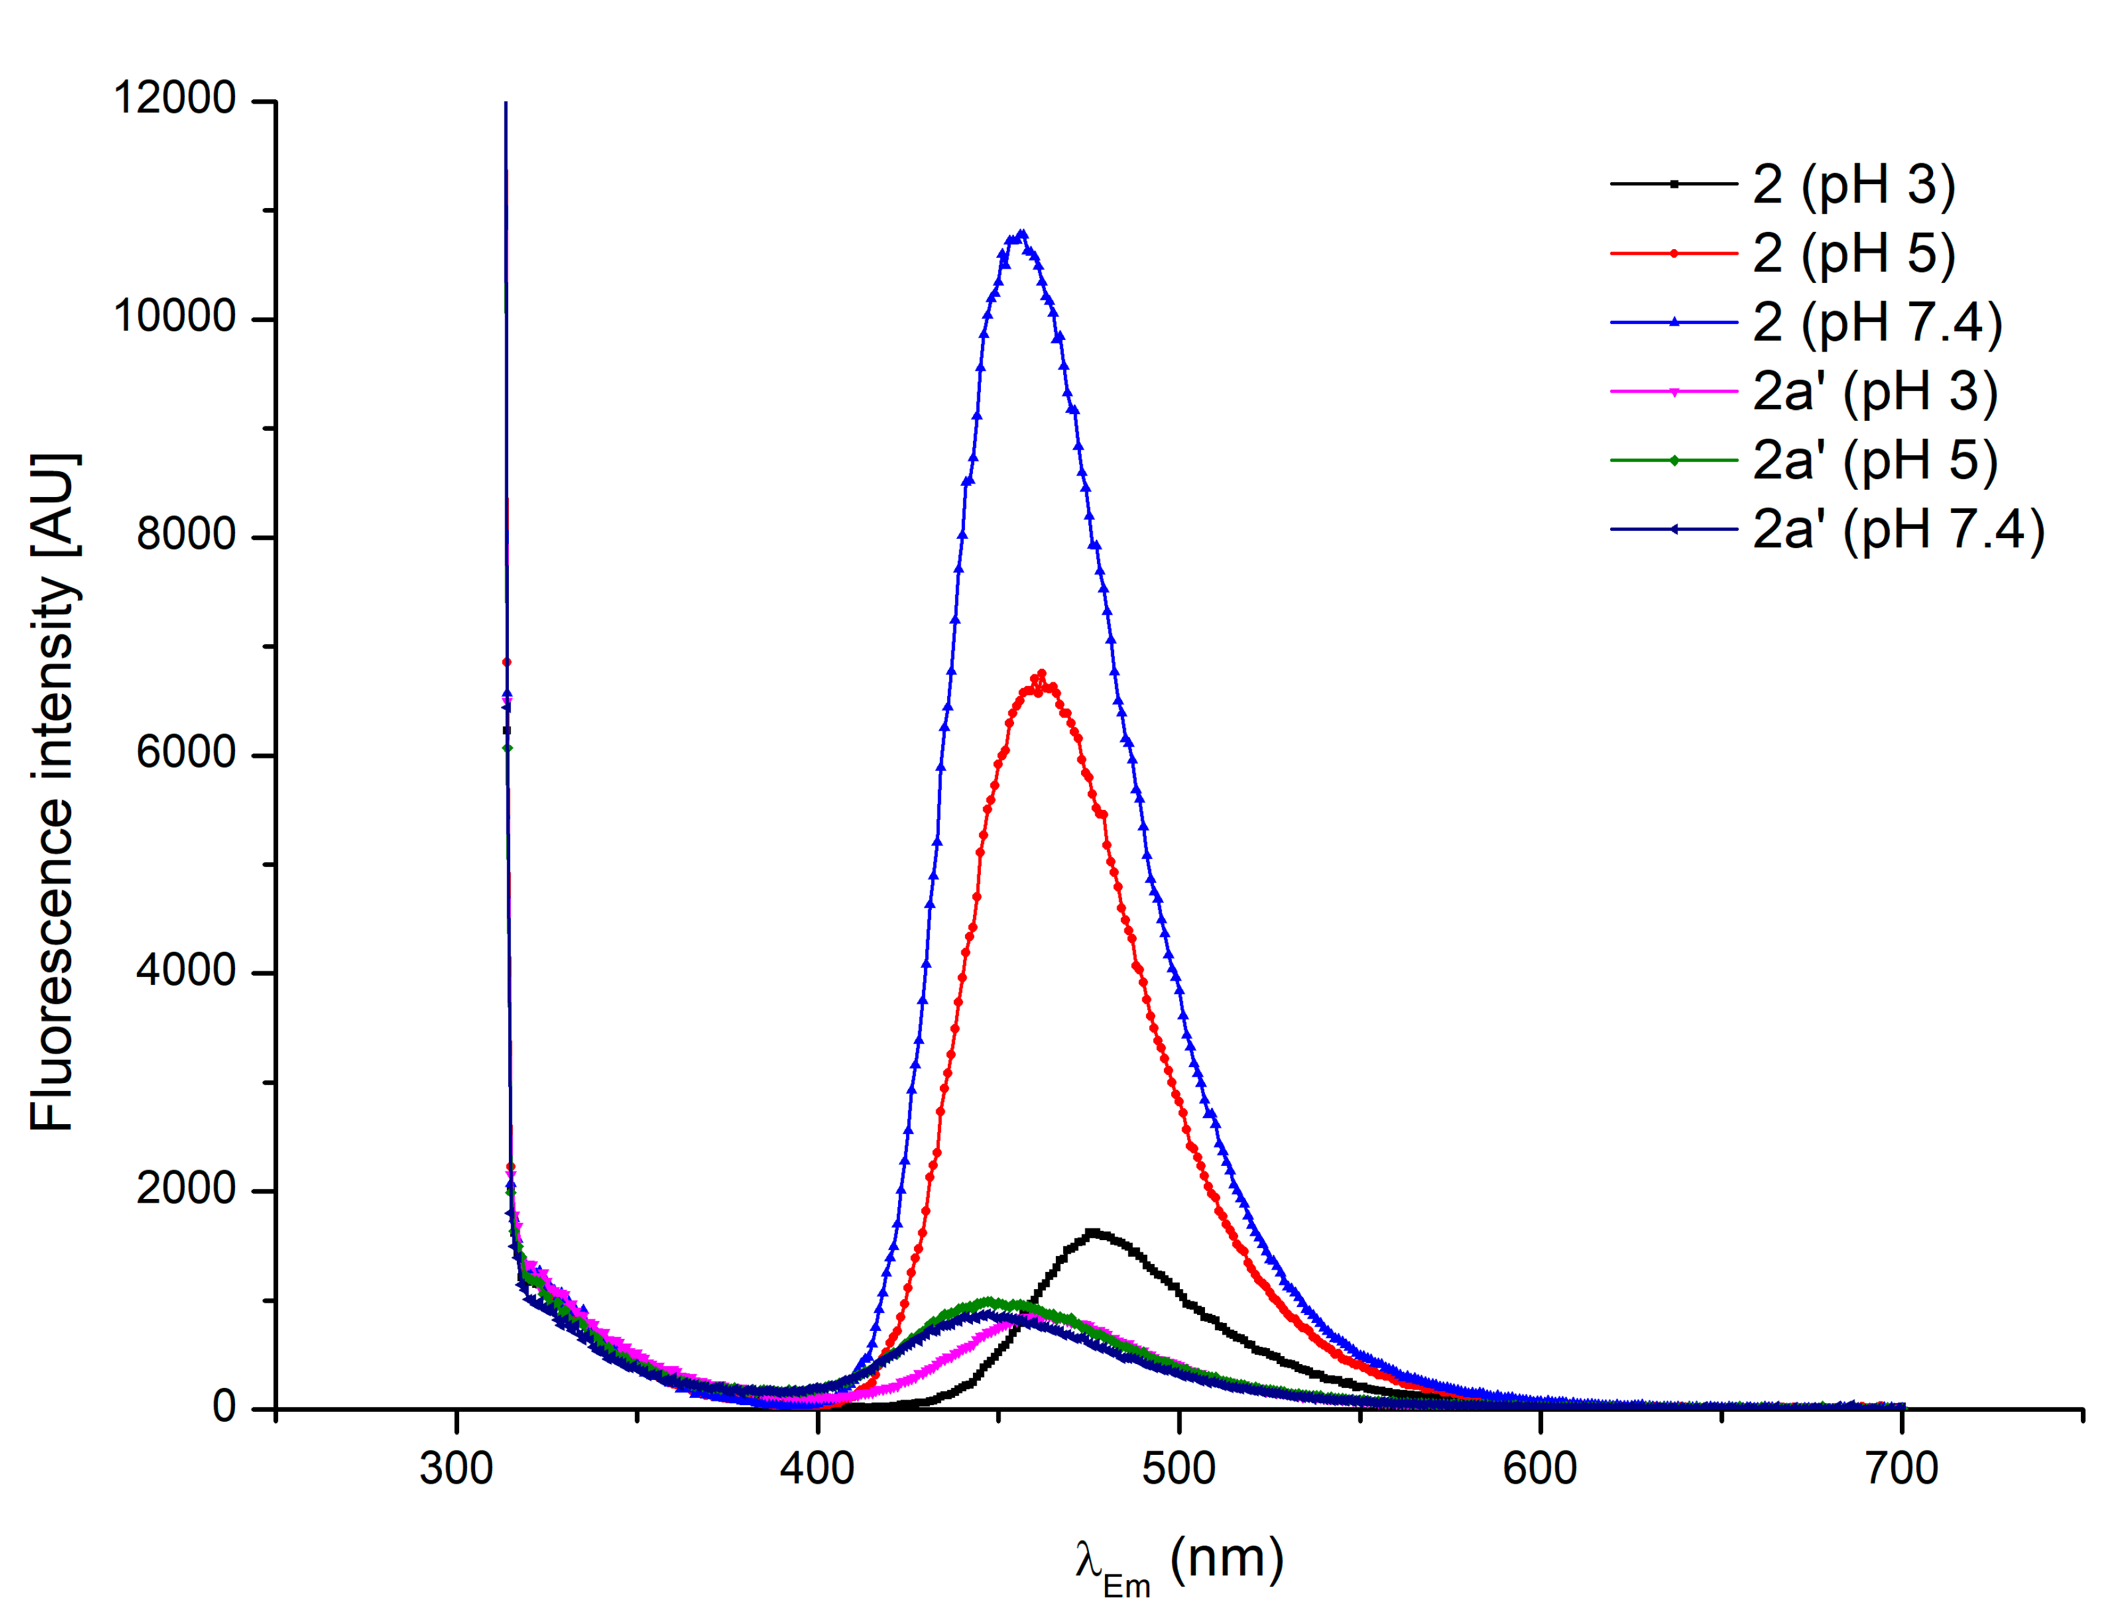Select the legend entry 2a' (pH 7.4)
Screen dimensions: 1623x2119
click(1898, 530)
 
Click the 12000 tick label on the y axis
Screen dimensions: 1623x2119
click(175, 99)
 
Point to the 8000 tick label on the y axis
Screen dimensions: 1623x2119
click(187, 534)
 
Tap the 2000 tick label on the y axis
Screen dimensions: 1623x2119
click(187, 1189)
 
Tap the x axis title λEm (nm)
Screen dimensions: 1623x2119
click(1179, 1563)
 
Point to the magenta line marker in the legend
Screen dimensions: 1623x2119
click(1673, 391)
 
